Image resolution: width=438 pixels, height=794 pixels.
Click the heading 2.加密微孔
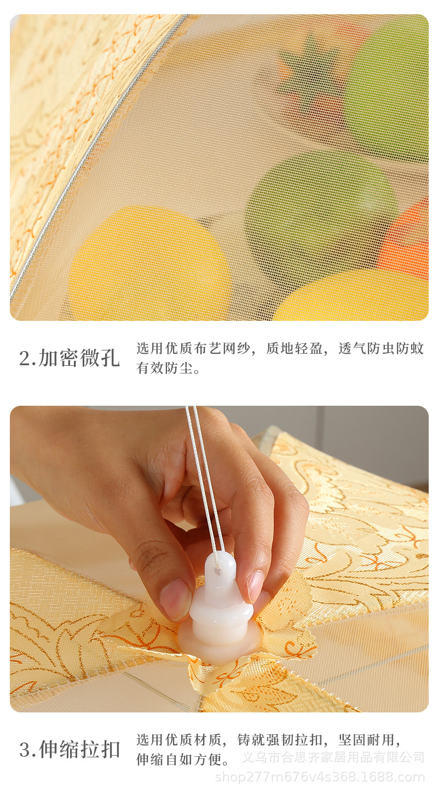tap(70, 358)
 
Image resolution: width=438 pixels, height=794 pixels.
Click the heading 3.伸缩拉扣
tap(70, 750)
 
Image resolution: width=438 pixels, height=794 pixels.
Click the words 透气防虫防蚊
tap(381, 349)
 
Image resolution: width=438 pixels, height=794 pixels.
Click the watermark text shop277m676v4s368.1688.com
tap(320, 778)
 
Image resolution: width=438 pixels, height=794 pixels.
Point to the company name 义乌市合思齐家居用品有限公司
tap(333, 757)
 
